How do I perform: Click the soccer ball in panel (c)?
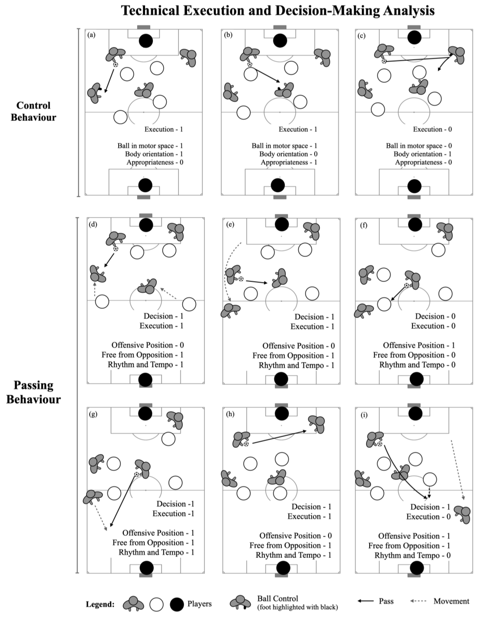(384, 61)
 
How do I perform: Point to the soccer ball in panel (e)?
(241, 279)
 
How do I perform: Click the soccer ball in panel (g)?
(137, 474)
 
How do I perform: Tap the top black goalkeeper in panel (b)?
(280, 41)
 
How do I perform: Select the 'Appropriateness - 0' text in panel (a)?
(155, 162)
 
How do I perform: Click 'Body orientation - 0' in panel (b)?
(288, 154)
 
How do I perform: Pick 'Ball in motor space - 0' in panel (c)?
(419, 146)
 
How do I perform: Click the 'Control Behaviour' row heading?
(33, 111)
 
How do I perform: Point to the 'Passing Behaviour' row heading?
(33, 392)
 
